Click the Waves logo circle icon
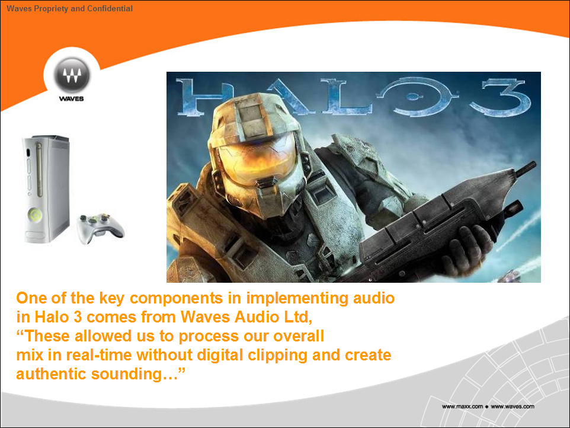(72, 75)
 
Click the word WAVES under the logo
(71, 98)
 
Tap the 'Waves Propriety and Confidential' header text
(69, 8)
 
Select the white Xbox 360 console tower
(46, 189)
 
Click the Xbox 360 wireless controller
(101, 228)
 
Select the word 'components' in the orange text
(177, 298)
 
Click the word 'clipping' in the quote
(278, 355)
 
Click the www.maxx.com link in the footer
(462, 407)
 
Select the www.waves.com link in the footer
(513, 407)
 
